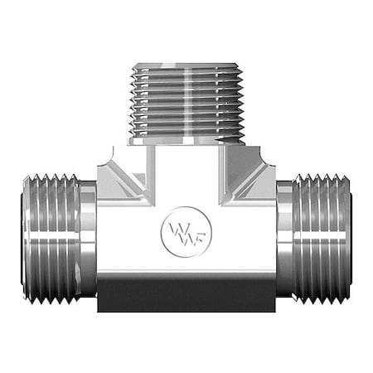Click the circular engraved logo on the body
[186, 227]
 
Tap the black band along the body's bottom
[186, 294]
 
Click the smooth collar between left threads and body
[88, 238]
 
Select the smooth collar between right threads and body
[285, 238]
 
